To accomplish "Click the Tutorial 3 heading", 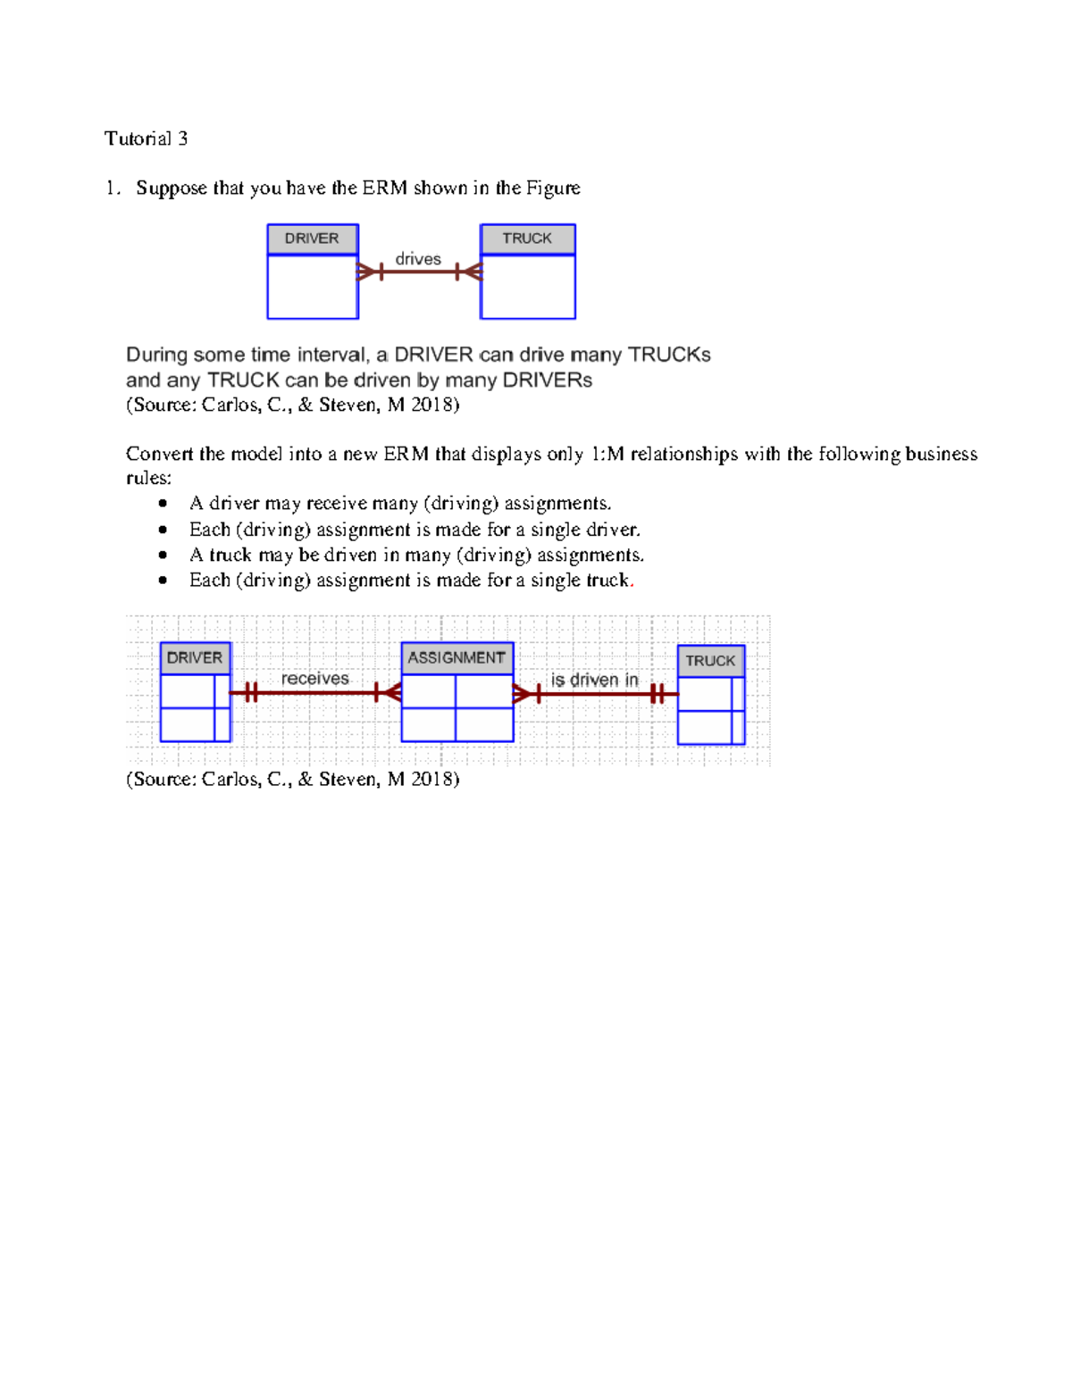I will [146, 138].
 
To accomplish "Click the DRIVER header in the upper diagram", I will [312, 238].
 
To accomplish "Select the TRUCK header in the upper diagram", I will [527, 238].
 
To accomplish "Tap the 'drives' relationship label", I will [418, 259].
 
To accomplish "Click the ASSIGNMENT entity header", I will [456, 658].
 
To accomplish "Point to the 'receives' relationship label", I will [314, 679].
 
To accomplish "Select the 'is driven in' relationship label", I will [594, 681].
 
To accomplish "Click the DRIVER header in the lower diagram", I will [195, 658].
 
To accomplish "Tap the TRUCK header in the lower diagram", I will [710, 661].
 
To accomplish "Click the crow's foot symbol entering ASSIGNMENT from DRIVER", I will [389, 692].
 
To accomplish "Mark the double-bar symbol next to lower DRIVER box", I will [250, 692].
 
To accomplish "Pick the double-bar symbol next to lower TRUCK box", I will [658, 694].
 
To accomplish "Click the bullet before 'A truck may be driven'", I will [163, 556].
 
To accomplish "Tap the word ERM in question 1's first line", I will [384, 188].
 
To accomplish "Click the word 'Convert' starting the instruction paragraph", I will [159, 455].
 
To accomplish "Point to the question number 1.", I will [111, 188].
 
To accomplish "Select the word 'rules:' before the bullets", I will [148, 479].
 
